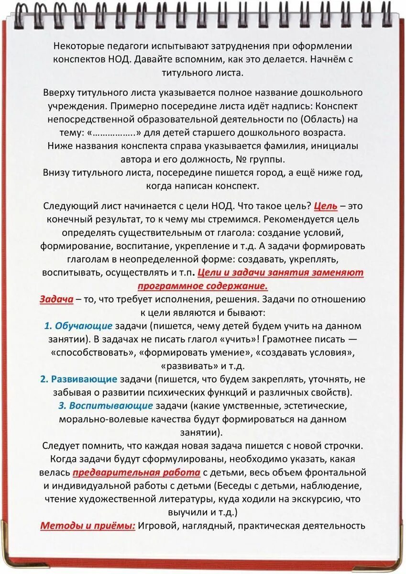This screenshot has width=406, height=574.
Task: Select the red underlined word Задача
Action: [x=56, y=299]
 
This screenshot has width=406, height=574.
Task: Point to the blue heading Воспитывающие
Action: [x=111, y=406]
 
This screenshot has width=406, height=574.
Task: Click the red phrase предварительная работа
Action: [x=136, y=473]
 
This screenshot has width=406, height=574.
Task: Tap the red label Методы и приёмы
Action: [x=88, y=526]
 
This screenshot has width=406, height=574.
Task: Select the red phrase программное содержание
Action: [x=202, y=286]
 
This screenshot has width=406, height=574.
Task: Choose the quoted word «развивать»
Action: [x=189, y=366]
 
